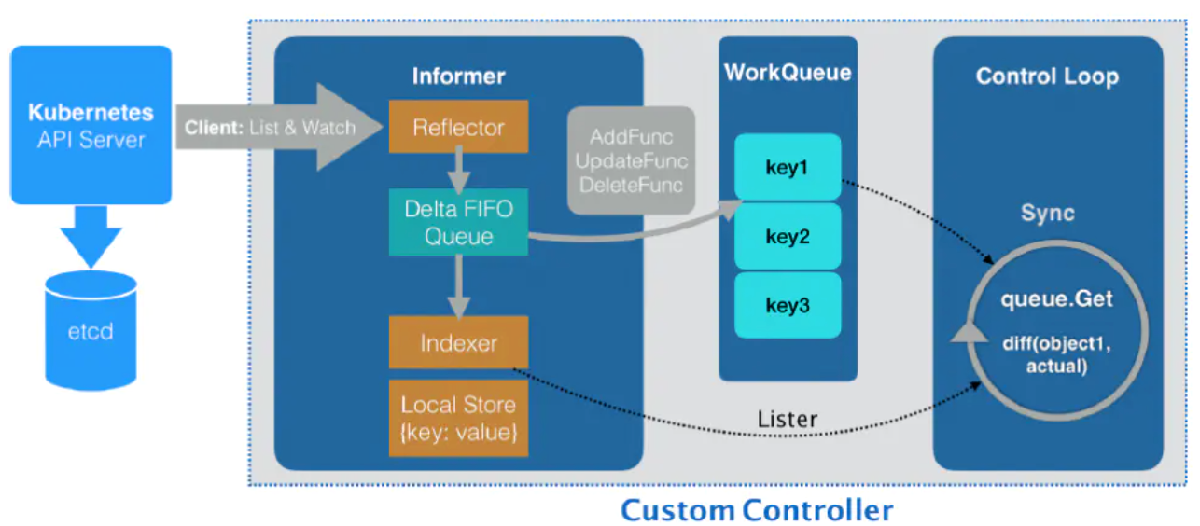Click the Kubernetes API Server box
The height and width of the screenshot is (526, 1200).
(91, 125)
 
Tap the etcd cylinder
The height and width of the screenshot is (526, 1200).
(91, 330)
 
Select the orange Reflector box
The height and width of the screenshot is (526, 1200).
(458, 127)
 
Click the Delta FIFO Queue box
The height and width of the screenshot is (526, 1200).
(458, 222)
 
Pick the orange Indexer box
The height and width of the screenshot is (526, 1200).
(458, 343)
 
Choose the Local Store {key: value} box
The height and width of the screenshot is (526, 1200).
(458, 419)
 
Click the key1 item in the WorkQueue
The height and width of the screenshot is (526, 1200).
(788, 167)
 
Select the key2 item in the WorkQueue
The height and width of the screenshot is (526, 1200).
(788, 236)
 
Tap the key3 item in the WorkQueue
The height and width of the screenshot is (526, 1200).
(788, 305)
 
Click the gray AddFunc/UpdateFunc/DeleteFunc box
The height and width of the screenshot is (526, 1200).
(631, 160)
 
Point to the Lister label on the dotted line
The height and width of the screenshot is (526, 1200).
(787, 419)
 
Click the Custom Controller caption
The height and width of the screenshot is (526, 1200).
(757, 510)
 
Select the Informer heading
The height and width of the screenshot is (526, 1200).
(458, 76)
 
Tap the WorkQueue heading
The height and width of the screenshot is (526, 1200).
(788, 73)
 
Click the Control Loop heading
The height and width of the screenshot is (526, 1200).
(1047, 76)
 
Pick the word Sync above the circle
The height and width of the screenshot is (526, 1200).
(1047, 214)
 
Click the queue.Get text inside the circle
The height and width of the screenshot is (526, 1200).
(1056, 298)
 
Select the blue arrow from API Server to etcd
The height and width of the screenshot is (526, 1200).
(91, 236)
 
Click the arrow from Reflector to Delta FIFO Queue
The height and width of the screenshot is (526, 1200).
(458, 172)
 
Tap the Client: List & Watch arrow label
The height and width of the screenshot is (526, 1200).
(270, 128)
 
